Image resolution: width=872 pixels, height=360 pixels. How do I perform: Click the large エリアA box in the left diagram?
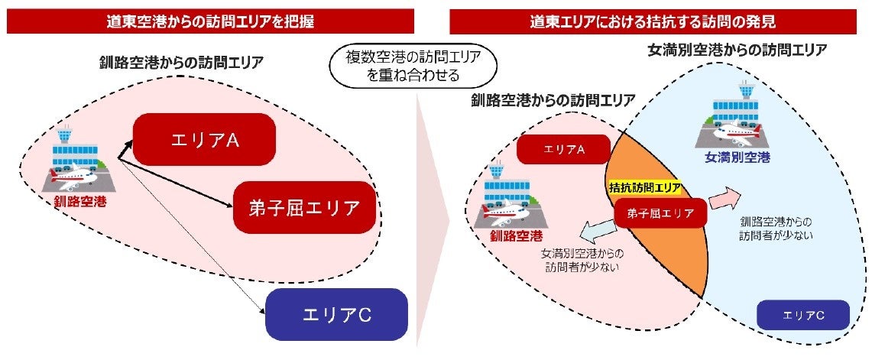(203, 140)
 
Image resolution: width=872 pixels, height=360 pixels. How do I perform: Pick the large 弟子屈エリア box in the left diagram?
(304, 207)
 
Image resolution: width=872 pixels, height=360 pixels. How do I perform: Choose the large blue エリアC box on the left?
(337, 314)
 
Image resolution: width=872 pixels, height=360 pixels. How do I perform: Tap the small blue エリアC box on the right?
(803, 314)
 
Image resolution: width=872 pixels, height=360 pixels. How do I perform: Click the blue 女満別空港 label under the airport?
(736, 158)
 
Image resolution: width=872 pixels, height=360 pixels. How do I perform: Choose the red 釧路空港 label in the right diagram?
(517, 234)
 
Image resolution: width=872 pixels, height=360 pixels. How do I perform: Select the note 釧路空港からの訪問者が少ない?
(776, 228)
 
